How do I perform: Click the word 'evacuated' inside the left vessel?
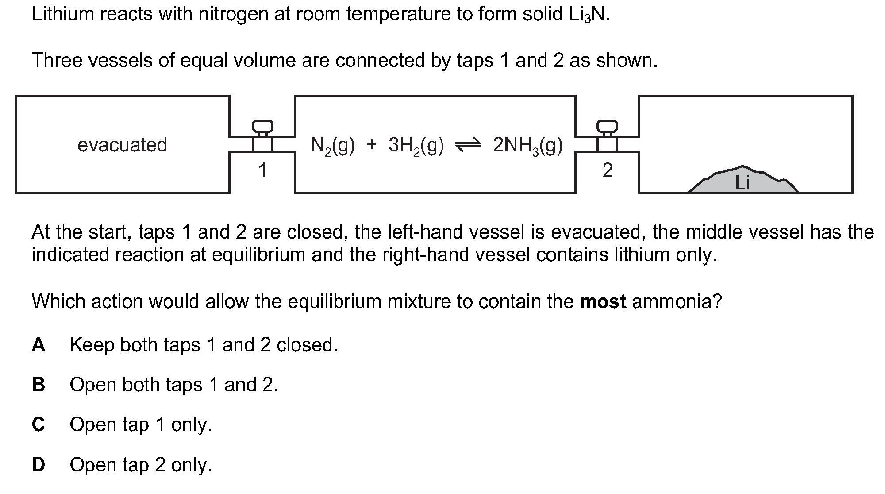123,145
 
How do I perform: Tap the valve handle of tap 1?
262,126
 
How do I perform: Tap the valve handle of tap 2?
607,126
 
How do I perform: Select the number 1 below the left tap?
262,170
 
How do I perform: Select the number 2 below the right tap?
608,170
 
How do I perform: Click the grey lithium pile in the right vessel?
743,180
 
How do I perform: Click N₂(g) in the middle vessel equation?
333,145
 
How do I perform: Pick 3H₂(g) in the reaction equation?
416,145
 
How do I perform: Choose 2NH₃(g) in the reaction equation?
528,145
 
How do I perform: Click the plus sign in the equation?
371,145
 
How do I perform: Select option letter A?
38,344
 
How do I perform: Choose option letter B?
38,384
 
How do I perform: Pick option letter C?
38,424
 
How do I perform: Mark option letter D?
38,464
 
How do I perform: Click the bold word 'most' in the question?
603,301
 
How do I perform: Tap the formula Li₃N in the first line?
588,15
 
